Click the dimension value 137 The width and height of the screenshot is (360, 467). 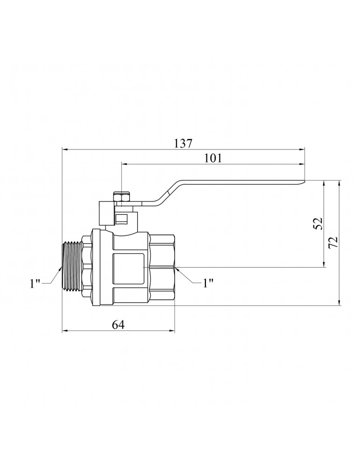pyautogui.click(x=183, y=143)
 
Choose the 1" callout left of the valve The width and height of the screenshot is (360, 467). pyautogui.click(x=35, y=283)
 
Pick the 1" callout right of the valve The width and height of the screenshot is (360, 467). pyautogui.click(x=208, y=283)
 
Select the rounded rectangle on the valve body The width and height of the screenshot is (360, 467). pyautogui.click(x=127, y=266)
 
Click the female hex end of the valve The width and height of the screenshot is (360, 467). pyautogui.click(x=162, y=267)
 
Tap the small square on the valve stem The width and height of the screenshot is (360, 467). pyautogui.click(x=122, y=218)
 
